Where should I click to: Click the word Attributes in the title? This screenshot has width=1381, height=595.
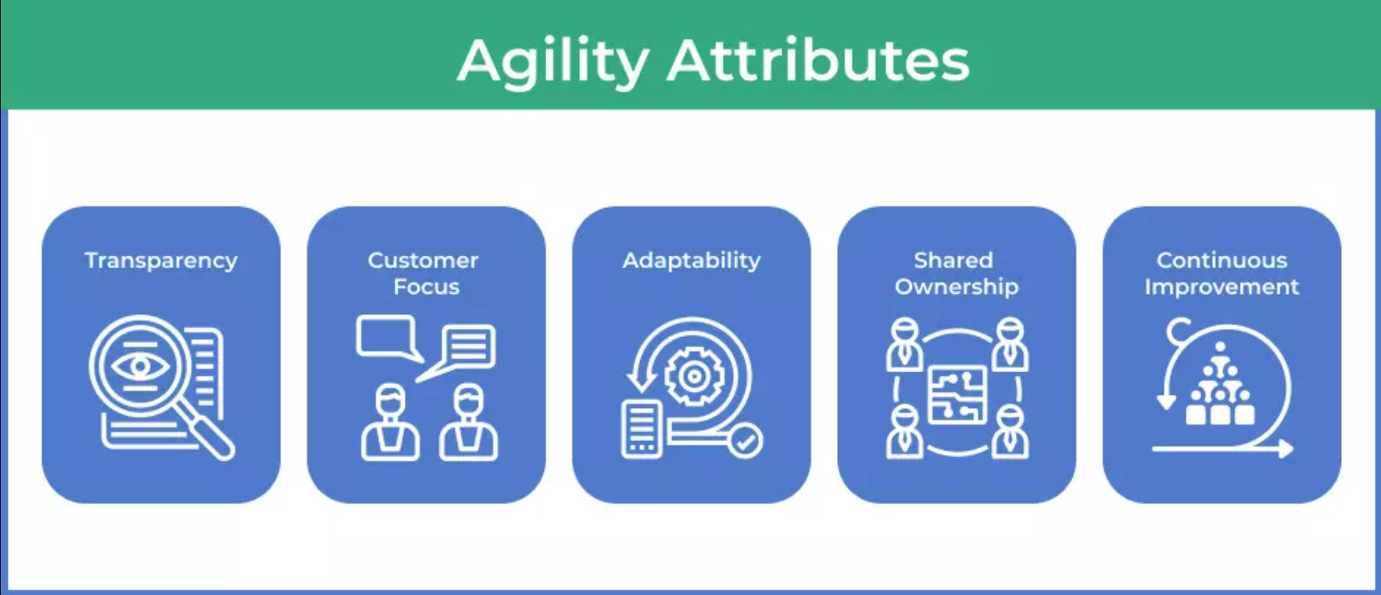point(818,59)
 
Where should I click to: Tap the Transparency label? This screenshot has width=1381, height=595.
point(161,261)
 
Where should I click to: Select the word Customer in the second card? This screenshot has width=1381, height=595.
point(423,260)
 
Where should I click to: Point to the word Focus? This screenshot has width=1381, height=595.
point(426,286)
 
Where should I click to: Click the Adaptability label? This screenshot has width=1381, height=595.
point(692,261)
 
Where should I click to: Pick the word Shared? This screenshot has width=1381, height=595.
point(953,260)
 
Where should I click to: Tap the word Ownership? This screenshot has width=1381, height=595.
point(957,287)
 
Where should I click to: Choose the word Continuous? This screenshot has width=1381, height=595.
point(1222,260)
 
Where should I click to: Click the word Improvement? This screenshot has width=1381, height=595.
point(1222,287)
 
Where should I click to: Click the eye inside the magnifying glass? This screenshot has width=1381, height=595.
point(139,366)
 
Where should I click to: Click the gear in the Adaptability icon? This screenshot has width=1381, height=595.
point(692,377)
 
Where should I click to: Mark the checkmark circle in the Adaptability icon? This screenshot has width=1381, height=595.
point(746,443)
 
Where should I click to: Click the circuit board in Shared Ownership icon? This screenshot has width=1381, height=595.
point(957,395)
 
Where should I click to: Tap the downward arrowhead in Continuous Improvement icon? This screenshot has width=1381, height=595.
point(1166,402)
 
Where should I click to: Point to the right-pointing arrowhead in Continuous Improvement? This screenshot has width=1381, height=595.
point(1286,449)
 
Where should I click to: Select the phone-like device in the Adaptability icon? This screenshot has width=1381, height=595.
point(642,428)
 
